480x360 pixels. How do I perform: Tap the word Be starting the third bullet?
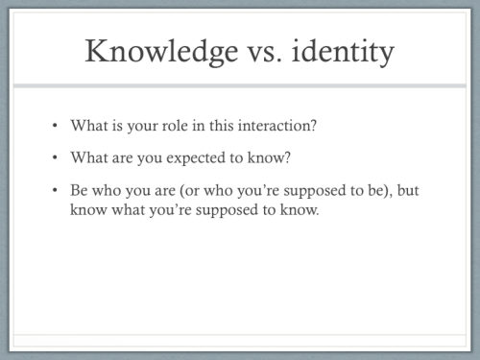click(x=80, y=190)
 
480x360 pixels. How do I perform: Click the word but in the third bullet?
click(x=408, y=190)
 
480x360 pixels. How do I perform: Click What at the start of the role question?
click(x=88, y=126)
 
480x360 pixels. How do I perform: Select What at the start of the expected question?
click(x=88, y=157)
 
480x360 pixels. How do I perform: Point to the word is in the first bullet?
click(x=116, y=126)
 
